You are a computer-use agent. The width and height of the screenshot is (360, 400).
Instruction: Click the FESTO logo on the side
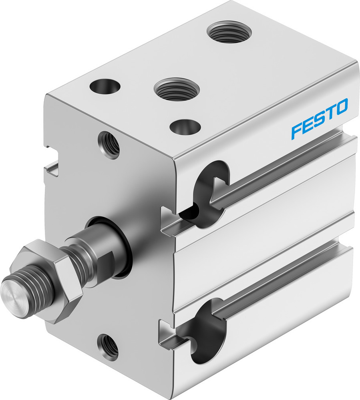[x=319, y=119]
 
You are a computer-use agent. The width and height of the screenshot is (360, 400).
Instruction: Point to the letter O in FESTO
[x=341, y=106]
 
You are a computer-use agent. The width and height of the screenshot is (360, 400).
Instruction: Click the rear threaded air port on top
[x=229, y=32]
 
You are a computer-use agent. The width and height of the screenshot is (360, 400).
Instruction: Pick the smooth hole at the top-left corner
[x=105, y=86]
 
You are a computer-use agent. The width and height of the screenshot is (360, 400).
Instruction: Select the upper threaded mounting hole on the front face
[x=109, y=145]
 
